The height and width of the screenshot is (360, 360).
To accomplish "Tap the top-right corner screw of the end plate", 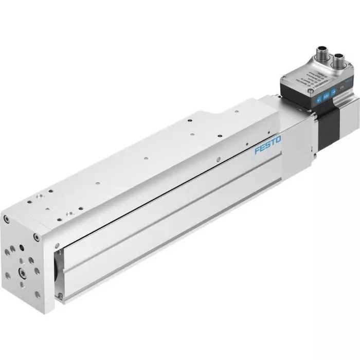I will pos(35,237).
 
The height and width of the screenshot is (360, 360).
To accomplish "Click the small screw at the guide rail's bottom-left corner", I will pos(60,295).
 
